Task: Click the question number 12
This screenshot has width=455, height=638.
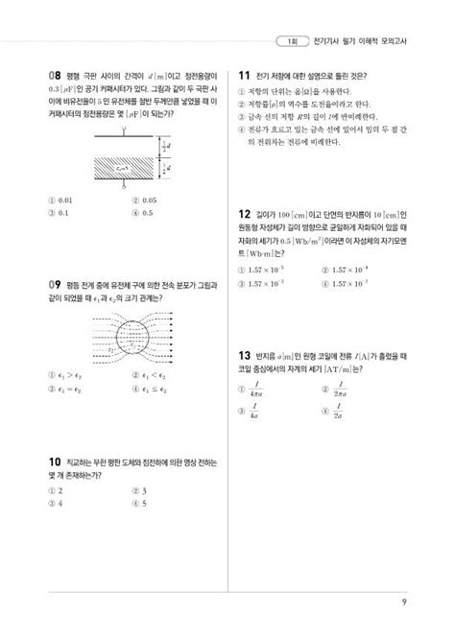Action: coord(245,217)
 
